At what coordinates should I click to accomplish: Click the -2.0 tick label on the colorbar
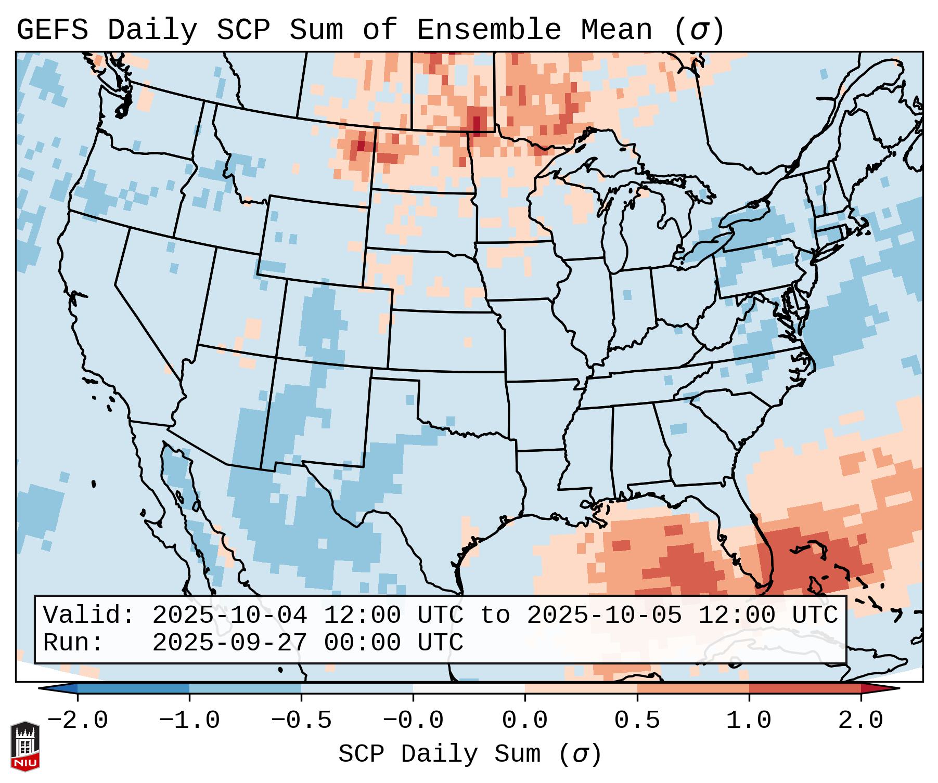tap(78, 721)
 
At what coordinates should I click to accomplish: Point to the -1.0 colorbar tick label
tap(189, 721)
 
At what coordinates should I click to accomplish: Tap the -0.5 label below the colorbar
tap(301, 721)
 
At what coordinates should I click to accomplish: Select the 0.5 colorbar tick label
tap(637, 721)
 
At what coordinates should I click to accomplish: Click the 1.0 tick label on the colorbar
tap(749, 721)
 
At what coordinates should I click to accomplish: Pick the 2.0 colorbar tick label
tap(860, 721)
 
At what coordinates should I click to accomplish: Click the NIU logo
tap(25, 746)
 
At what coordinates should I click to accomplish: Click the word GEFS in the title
tap(52, 30)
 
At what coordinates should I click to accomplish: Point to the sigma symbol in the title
tap(699, 30)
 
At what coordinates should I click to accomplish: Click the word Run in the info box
tap(73, 643)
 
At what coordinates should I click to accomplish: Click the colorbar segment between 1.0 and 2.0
tap(805, 688)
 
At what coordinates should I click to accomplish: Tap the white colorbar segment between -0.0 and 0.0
tap(469, 688)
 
